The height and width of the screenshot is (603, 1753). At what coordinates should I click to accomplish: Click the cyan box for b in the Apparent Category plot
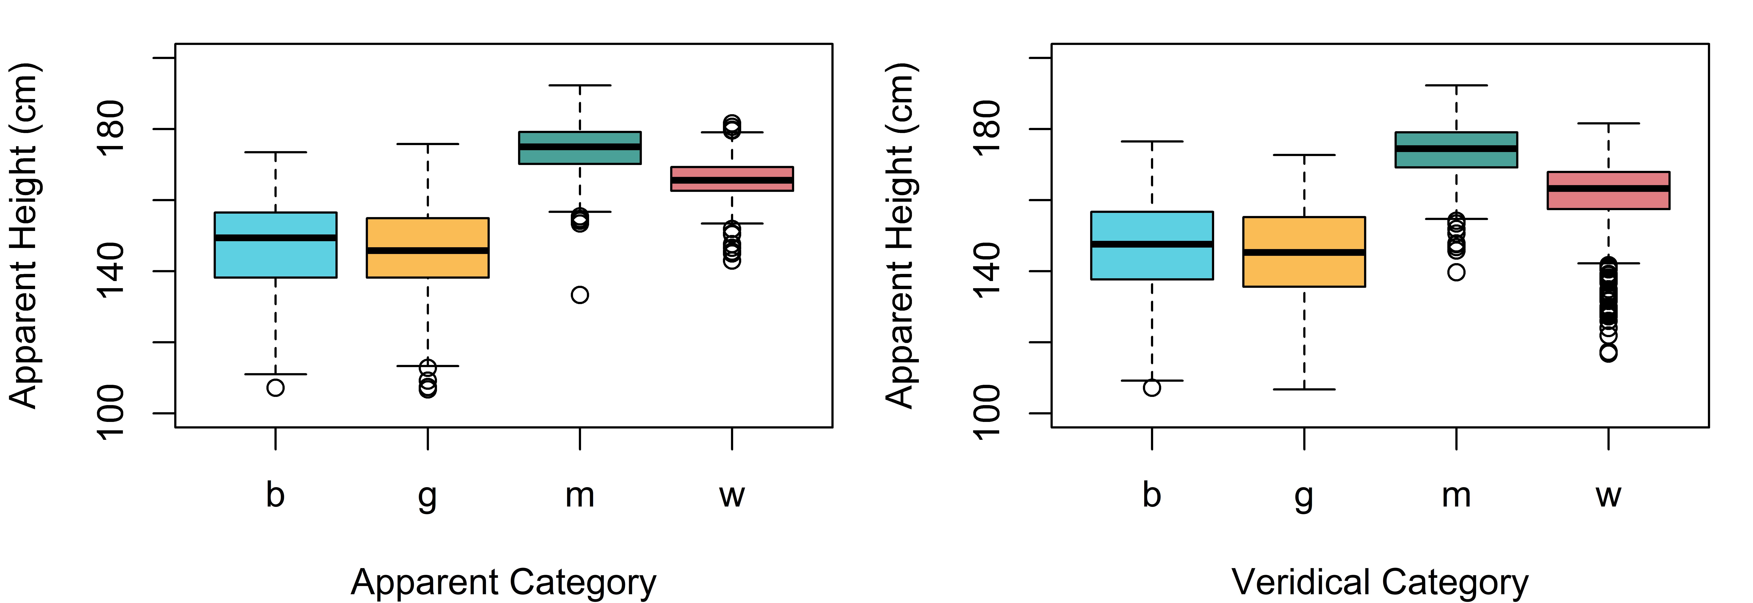click(x=276, y=245)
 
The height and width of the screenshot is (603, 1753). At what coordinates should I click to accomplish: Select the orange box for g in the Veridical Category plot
click(x=1304, y=252)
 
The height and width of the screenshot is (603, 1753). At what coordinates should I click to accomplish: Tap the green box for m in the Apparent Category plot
click(x=580, y=148)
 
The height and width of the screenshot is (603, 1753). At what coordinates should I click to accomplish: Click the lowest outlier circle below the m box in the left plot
click(x=580, y=295)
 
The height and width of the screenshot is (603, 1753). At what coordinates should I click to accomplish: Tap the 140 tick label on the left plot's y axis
click(x=111, y=271)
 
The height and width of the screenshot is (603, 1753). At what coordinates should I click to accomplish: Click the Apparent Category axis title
click(x=504, y=583)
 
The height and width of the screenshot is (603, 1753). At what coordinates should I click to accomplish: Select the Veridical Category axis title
click(x=1380, y=583)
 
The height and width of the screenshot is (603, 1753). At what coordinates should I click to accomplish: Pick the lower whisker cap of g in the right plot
click(x=1304, y=389)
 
